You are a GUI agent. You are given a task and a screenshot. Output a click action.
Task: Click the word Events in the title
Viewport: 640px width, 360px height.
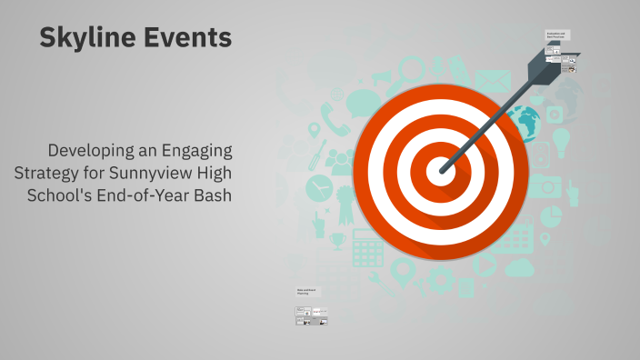[x=187, y=38]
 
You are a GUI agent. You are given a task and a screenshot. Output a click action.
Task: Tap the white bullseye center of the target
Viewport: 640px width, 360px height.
[x=440, y=169]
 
